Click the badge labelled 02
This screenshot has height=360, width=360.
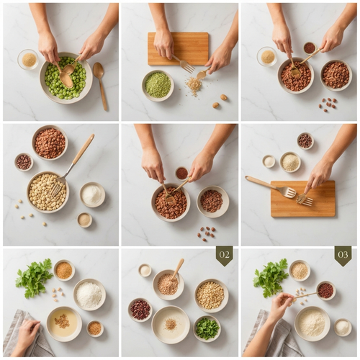point(224,255)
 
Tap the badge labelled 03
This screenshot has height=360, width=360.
point(343,256)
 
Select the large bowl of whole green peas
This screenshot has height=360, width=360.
point(66,78)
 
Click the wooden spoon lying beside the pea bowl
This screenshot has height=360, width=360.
point(100,84)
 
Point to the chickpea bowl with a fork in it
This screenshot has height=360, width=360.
point(48,192)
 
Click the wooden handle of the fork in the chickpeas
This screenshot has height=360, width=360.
point(83,149)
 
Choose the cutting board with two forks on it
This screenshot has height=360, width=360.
point(303,199)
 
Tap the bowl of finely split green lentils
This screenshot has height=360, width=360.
point(158,85)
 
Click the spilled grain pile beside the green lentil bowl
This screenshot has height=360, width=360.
point(194,85)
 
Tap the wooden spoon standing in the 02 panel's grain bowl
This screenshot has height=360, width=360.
point(178,269)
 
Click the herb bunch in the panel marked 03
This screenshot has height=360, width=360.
point(271,277)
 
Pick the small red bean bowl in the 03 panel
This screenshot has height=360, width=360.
point(325,290)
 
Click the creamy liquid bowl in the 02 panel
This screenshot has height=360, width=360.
point(171,325)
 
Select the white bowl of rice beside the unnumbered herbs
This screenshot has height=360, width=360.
point(89,294)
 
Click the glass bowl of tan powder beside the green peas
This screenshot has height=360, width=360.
point(28,59)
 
